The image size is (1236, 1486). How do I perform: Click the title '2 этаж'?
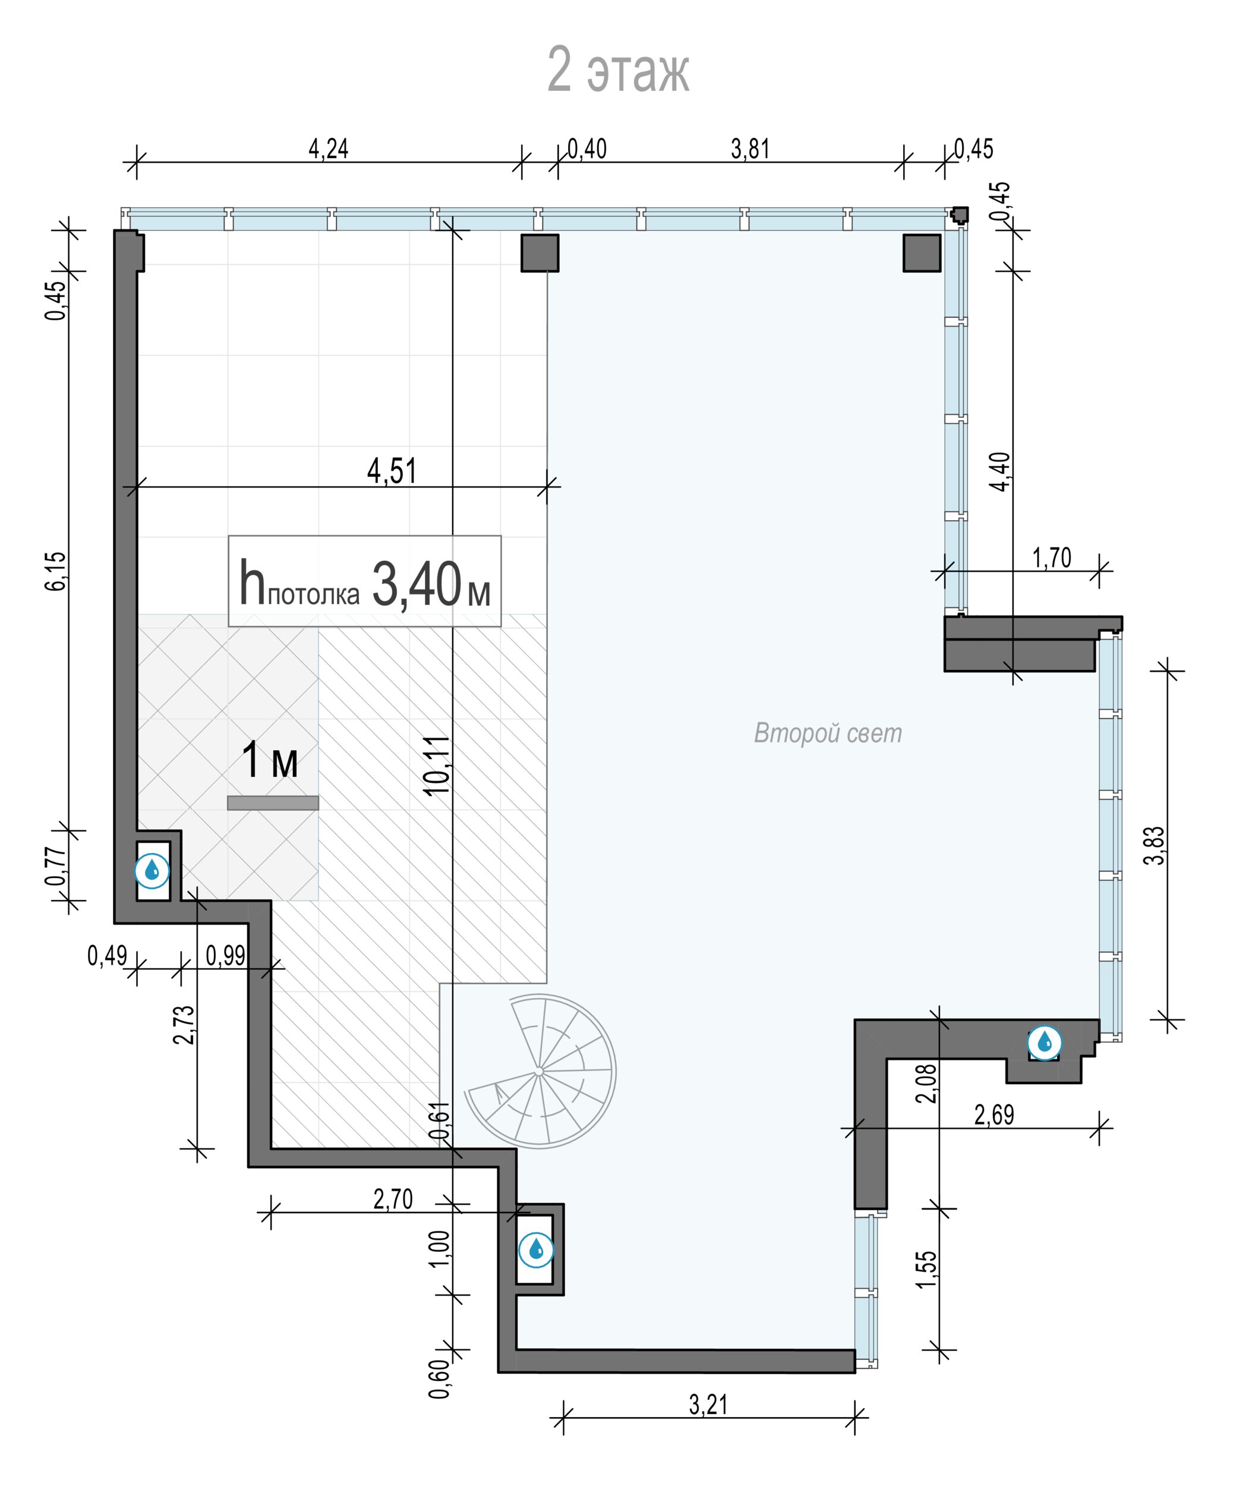(619, 71)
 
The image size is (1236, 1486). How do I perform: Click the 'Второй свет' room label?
(828, 733)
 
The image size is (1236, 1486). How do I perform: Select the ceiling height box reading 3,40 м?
(364, 581)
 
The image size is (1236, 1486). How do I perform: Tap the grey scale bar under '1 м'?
(273, 802)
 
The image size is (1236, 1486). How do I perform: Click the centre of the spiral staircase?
(539, 1072)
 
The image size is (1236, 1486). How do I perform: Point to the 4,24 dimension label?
(328, 149)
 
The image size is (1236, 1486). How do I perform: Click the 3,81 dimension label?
(750, 149)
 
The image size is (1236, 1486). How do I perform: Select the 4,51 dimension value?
(392, 471)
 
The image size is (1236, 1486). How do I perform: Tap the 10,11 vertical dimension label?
(437, 766)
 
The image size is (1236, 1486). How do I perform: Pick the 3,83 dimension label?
(1155, 846)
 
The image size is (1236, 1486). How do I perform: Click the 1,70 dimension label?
(1052, 558)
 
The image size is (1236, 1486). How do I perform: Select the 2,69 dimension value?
(994, 1115)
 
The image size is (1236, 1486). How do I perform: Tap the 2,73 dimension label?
(184, 1025)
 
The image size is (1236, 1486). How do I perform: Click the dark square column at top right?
(922, 253)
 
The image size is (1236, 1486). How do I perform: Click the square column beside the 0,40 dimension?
(540, 253)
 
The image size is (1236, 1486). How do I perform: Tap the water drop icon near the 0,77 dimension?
(152, 870)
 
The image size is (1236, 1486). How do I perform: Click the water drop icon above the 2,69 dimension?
(1044, 1043)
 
